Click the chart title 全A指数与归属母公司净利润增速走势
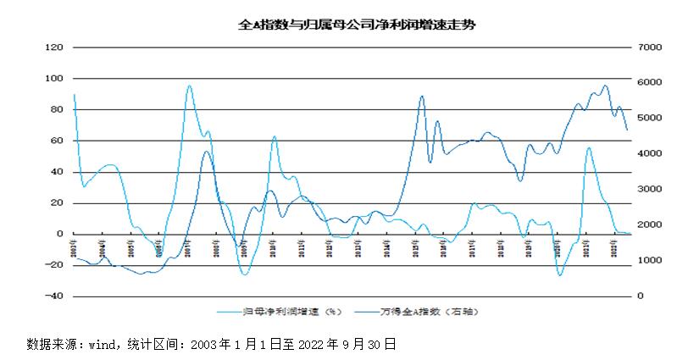356,25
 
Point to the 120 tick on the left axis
53,47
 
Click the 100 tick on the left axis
53,79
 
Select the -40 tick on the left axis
53,296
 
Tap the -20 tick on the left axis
53,265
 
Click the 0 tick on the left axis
59,234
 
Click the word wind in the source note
107,345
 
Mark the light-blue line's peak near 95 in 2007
189,86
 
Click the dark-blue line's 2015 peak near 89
422,97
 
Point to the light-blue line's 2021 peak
588,148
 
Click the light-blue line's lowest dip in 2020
560,275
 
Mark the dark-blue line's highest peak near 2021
605,86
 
